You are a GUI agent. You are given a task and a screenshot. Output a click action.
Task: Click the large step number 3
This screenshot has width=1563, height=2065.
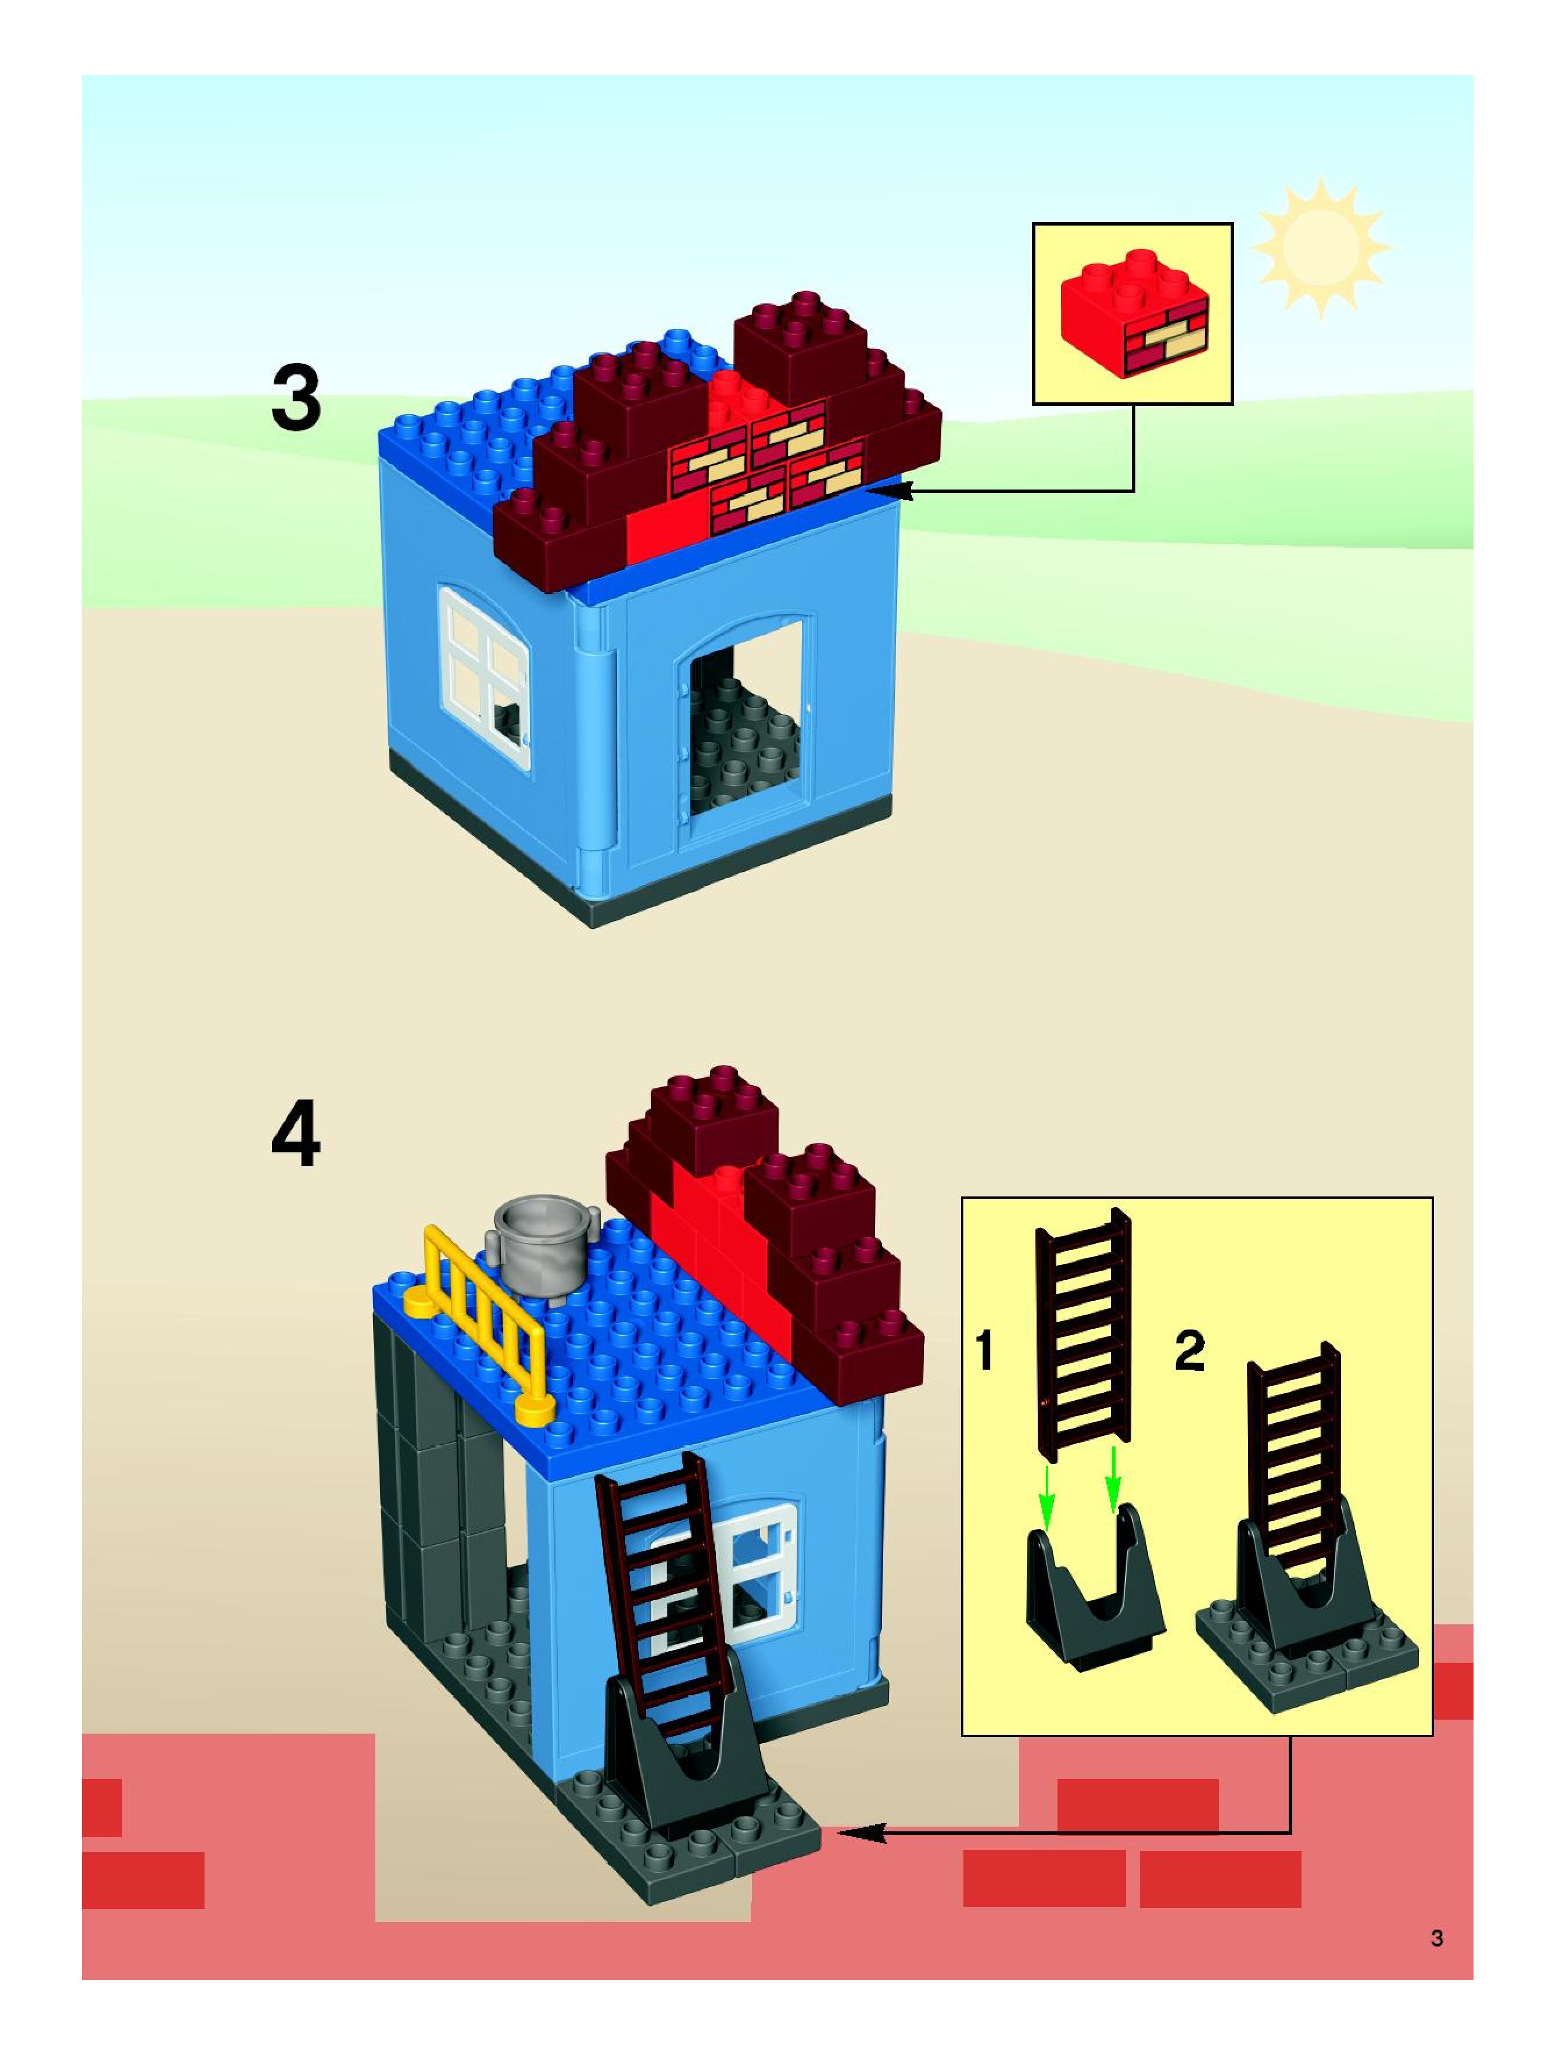(296, 399)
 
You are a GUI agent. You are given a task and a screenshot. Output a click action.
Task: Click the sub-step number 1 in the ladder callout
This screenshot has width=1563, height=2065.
(984, 1351)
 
